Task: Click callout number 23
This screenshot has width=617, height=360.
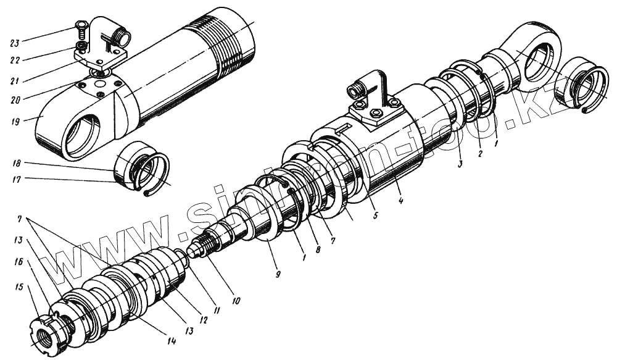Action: tap(14, 43)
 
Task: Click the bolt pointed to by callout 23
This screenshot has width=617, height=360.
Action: tap(80, 26)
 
